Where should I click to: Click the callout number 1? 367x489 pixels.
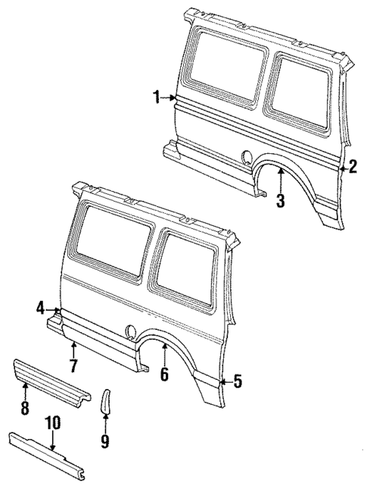157,97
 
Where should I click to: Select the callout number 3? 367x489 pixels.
280,201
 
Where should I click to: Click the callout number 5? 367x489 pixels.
238,382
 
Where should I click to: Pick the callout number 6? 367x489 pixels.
164,373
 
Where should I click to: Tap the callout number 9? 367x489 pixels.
105,440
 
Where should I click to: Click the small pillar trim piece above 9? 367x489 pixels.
106,400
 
